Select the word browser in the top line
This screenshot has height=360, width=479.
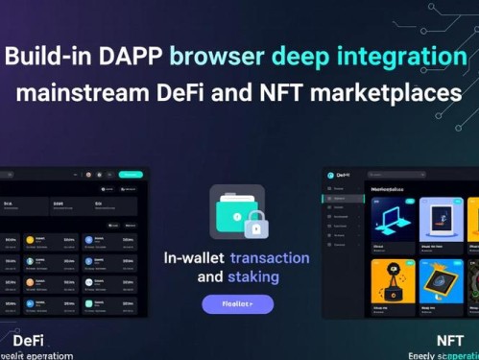point(218,56)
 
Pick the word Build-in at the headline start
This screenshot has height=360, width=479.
point(48,56)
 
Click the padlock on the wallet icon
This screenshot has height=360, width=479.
point(253,227)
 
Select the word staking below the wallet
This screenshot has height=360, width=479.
point(253,276)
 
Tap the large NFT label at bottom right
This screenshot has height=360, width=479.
point(449,340)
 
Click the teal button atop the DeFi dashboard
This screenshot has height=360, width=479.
point(131,175)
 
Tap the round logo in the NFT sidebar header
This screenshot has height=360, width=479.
point(331,175)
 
